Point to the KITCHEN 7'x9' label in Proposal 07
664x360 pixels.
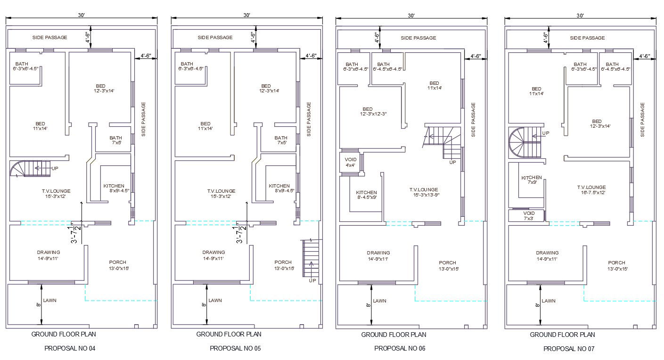click(x=532, y=180)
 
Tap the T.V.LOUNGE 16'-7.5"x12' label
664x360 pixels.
click(x=591, y=190)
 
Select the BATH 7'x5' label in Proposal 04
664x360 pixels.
click(x=115, y=140)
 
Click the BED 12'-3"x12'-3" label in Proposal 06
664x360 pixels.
click(x=368, y=112)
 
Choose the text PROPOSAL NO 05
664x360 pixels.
click(x=235, y=349)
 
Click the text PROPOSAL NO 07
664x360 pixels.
click(x=569, y=349)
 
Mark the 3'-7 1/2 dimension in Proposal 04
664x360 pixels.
click(x=74, y=234)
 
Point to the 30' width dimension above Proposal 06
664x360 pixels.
click(x=411, y=16)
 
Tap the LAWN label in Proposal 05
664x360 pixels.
click(x=215, y=301)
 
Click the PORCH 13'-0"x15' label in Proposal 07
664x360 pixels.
click(x=616, y=266)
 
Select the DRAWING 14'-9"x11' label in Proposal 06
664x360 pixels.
click(x=378, y=256)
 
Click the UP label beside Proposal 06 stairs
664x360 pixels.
click(x=452, y=162)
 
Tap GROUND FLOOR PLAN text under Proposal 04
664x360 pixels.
click(x=64, y=335)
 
